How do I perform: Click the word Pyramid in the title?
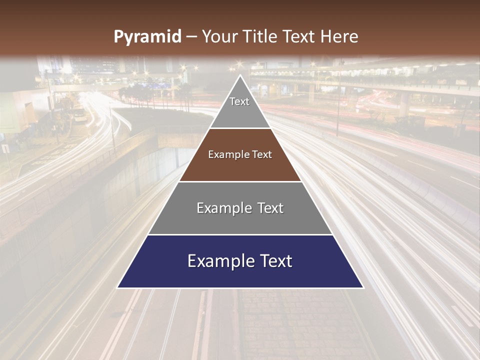coord(147,37)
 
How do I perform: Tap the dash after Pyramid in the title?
coord(191,37)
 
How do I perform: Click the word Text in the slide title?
coord(299,36)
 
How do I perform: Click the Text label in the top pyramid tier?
coord(239,101)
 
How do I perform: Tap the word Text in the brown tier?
coord(262,154)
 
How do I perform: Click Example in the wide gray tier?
coord(223,208)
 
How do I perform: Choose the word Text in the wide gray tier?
coord(270,208)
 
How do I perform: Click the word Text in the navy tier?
coord(275,261)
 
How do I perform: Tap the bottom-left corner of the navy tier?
coord(117,287)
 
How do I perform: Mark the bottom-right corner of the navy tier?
coord(363,287)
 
